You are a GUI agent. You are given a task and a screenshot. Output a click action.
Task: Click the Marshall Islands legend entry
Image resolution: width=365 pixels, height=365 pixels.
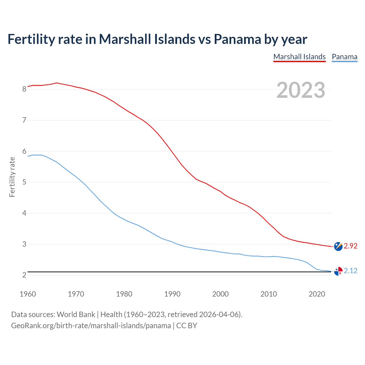(299, 57)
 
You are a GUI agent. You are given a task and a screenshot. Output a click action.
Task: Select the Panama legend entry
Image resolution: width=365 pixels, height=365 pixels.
(344, 57)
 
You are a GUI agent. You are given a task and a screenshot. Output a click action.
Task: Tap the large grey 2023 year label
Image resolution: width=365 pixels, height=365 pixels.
(301, 90)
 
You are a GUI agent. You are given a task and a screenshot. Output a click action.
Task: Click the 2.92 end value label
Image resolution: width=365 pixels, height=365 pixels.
(350, 246)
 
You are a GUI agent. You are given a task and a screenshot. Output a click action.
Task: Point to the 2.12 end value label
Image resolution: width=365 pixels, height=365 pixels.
(350, 271)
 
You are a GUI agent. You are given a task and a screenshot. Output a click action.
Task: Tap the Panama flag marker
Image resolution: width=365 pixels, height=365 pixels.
(338, 271)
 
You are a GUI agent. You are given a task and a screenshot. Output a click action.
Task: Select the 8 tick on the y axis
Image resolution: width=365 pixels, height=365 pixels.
(24, 89)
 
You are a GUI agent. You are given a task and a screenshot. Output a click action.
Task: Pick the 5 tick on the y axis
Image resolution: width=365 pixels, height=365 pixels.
(24, 182)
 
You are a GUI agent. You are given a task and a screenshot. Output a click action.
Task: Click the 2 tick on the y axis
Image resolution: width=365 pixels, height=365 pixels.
(24, 275)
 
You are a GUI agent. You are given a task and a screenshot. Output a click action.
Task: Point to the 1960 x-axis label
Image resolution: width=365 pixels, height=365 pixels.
(28, 294)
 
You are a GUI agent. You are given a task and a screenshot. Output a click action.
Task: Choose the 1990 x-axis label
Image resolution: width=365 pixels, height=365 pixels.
(172, 294)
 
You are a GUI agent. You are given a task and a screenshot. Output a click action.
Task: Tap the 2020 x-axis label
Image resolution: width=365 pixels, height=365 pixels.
(317, 294)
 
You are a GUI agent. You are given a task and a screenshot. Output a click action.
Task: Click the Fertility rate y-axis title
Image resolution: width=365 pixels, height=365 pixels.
(12, 177)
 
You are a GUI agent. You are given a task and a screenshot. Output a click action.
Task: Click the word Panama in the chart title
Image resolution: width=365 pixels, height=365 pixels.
(237, 39)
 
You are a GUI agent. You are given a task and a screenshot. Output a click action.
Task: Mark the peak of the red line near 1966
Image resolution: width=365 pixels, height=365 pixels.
(56, 83)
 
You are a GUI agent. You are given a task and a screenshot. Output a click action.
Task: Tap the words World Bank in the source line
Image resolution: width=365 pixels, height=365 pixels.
(76, 315)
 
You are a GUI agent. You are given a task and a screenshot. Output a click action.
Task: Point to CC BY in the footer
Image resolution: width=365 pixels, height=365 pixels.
(187, 326)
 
